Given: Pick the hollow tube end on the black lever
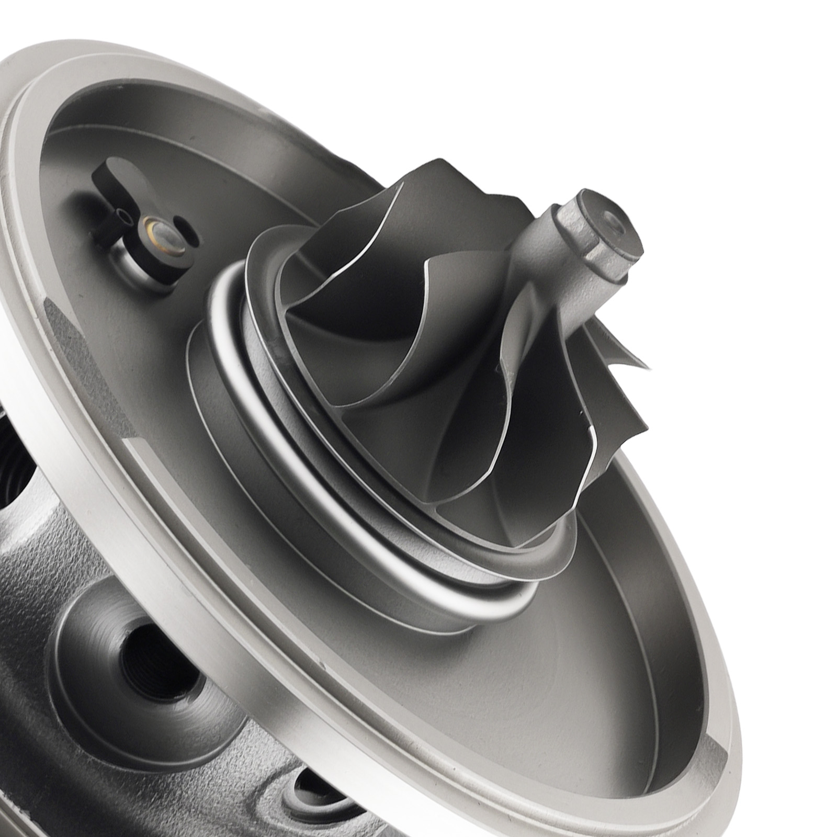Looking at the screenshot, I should (x=122, y=214).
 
